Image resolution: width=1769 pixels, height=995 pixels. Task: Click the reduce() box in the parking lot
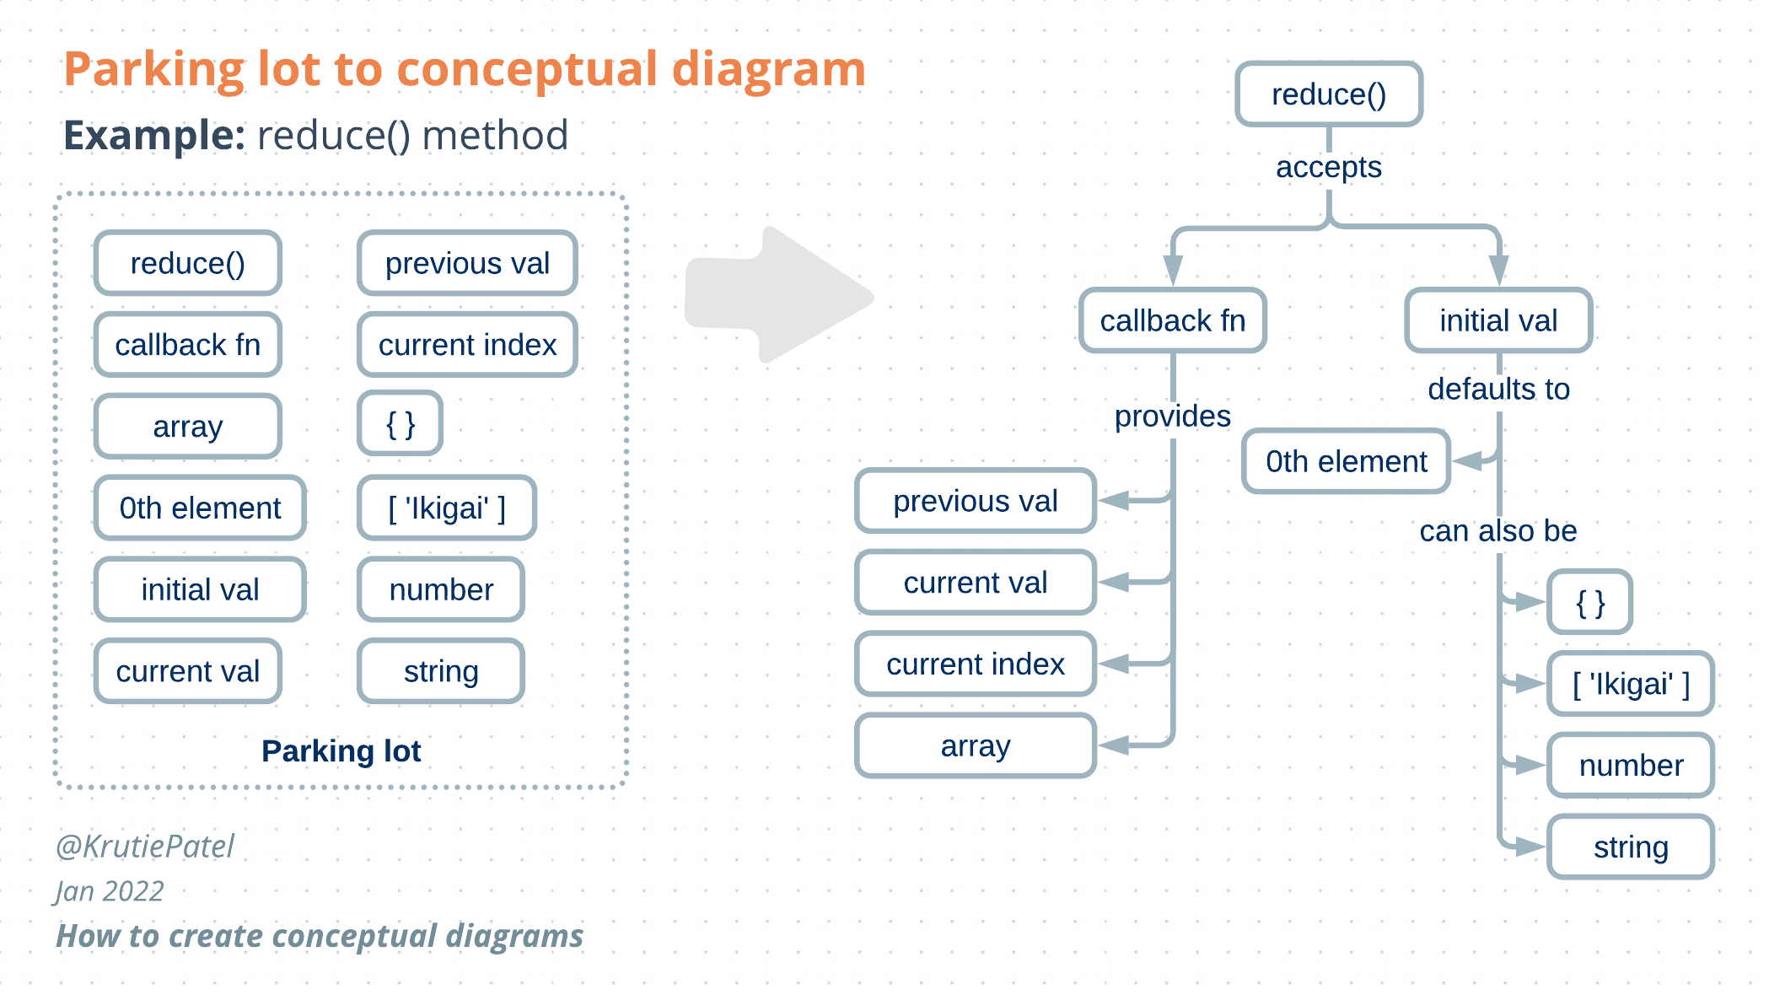pyautogui.click(x=187, y=263)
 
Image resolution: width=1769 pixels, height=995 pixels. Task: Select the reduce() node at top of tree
pyautogui.click(x=1328, y=94)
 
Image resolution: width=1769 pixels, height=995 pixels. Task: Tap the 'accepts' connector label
pyautogui.click(x=1328, y=167)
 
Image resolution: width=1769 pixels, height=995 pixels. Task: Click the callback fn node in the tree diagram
pyautogui.click(x=1172, y=320)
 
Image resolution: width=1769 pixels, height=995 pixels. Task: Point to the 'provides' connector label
pyautogui.click(x=1172, y=416)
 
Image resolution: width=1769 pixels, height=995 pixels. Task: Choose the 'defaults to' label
pyautogui.click(x=1498, y=389)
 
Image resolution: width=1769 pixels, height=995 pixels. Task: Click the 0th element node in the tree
pyautogui.click(x=1346, y=461)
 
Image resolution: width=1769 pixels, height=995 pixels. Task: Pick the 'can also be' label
pyautogui.click(x=1497, y=530)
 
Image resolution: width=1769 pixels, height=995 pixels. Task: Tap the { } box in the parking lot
pyautogui.click(x=401, y=424)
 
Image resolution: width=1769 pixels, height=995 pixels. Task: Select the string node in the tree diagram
pyautogui.click(x=1630, y=847)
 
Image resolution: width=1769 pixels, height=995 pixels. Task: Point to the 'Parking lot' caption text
pyautogui.click(x=341, y=750)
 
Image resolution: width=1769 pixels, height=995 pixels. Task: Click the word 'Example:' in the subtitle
pyautogui.click(x=154, y=135)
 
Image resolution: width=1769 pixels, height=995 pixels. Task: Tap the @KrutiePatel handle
pyautogui.click(x=145, y=846)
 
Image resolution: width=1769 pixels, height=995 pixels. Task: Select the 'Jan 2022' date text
pyautogui.click(x=110, y=891)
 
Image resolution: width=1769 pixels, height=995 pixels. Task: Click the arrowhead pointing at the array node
pyautogui.click(x=1113, y=745)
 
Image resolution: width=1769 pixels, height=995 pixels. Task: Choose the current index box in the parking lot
pyautogui.click(x=467, y=345)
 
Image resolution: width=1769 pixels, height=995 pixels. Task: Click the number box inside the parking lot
pyautogui.click(x=441, y=589)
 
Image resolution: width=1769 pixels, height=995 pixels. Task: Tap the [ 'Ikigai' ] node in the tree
pyautogui.click(x=1630, y=684)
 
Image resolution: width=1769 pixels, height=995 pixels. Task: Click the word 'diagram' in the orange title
pyautogui.click(x=768, y=69)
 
